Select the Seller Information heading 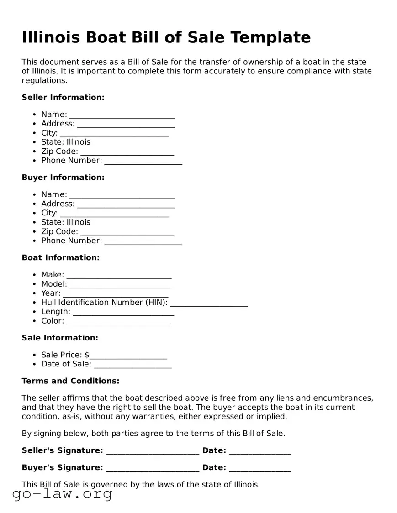(63, 97)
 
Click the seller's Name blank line (122, 115)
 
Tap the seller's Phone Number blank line (143, 161)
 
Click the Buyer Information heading (63, 178)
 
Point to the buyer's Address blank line (126, 204)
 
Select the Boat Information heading (60, 258)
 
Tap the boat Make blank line (119, 275)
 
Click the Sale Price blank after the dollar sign (128, 356)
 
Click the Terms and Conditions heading (70, 381)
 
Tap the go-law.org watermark (62, 494)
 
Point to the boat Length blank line (123, 312)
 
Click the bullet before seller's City (35, 133)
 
